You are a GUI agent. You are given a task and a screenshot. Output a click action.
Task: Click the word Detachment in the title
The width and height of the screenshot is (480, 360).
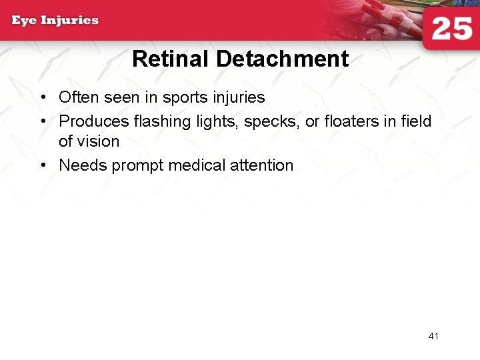(282, 59)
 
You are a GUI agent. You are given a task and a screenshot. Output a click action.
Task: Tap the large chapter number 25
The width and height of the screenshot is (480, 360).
(452, 30)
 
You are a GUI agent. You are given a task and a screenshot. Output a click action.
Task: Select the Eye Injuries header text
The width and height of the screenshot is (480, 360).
(55, 20)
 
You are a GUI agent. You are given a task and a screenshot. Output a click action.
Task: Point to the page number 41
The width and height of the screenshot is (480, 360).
(433, 336)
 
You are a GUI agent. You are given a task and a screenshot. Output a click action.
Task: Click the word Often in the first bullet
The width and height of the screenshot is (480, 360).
(79, 97)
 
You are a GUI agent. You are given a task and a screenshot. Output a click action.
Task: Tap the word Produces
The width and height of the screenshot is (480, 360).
(94, 121)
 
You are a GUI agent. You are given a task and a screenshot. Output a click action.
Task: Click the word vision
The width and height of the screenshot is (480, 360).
(98, 141)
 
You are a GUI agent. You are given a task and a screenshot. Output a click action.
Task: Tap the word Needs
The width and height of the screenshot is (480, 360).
(83, 165)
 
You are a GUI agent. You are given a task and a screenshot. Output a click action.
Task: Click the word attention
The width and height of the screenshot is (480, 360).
(261, 165)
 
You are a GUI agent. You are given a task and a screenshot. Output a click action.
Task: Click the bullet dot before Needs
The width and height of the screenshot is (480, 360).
(43, 165)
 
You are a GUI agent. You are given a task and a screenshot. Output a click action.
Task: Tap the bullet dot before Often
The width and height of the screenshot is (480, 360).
(43, 97)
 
